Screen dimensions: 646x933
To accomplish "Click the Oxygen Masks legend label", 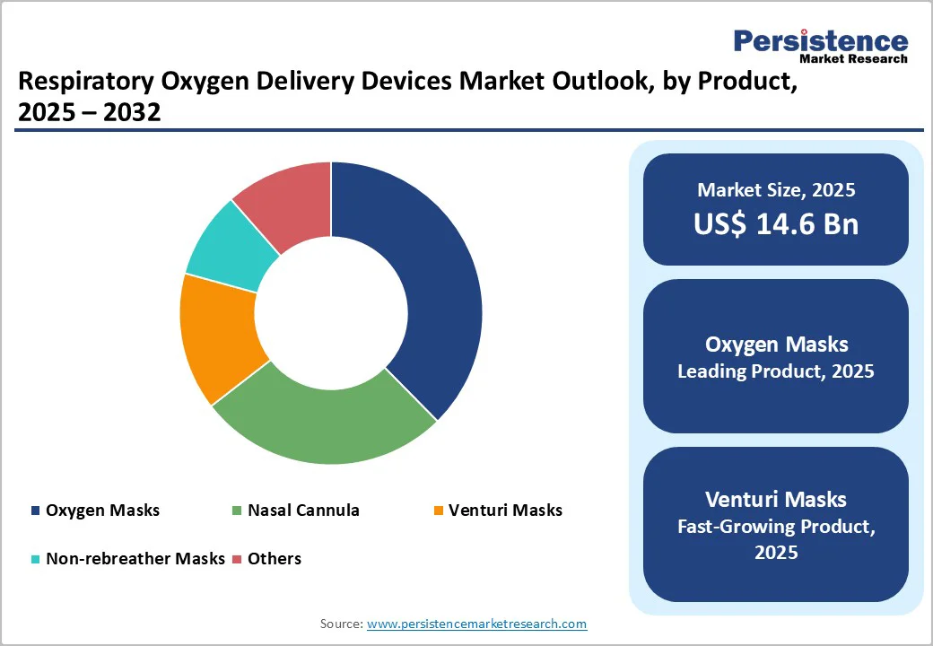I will coord(102,511).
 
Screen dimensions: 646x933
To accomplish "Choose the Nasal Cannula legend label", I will coord(303,511).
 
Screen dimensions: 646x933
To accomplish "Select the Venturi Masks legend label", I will coord(506,511).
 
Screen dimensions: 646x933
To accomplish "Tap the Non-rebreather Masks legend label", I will coord(135,559).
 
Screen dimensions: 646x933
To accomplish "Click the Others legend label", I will coord(275,559).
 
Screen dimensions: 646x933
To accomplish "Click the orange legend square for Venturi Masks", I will coord(438,511).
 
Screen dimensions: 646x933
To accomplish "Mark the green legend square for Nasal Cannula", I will coord(237,511).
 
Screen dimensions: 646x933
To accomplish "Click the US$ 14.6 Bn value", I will coord(776,224).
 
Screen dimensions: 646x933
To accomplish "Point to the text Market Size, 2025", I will coord(776,190).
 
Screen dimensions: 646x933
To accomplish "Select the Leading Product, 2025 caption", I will coord(776,371).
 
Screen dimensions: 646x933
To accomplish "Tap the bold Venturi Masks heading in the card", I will coord(776,499).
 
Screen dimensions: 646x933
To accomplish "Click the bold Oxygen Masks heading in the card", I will coord(776,345).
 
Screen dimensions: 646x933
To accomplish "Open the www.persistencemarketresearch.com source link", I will coord(476,624).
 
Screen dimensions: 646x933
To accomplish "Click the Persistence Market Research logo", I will coord(820,45).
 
